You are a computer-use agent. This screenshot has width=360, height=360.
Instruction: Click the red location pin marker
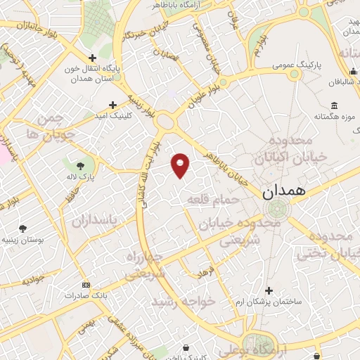[181, 165]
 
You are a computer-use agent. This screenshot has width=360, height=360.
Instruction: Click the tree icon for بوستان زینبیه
[22, 228]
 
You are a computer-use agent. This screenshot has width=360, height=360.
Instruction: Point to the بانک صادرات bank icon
[86, 285]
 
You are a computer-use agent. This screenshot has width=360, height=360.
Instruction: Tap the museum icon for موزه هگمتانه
[333, 105]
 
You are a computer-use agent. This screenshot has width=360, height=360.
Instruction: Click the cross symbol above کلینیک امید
[112, 104]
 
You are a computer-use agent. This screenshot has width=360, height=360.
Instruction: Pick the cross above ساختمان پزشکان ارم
[268, 290]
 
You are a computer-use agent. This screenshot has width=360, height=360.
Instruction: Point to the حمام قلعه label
[213, 200]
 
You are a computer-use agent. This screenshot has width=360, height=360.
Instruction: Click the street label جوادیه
[34, 279]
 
